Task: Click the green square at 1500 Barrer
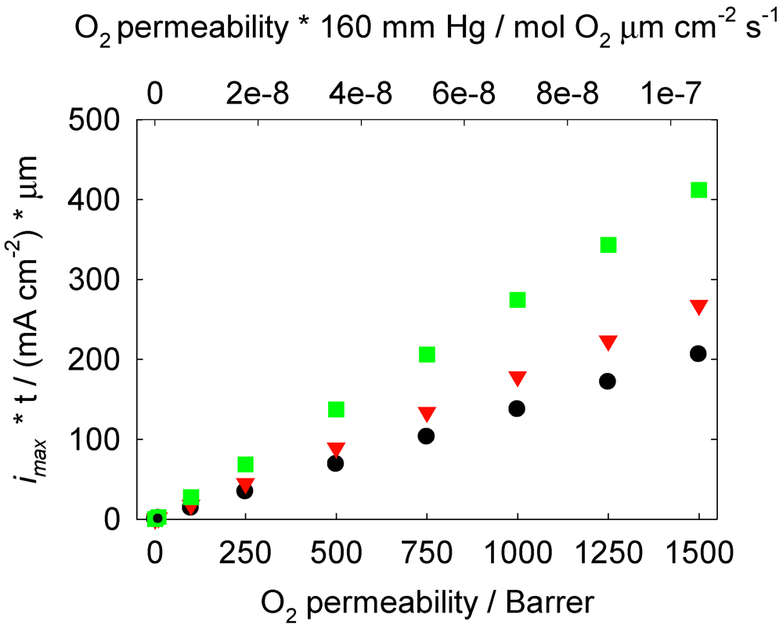(698, 190)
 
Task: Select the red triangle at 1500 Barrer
(698, 307)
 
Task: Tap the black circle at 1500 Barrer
(698, 354)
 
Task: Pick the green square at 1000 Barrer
(517, 300)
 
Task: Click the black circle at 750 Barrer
(426, 436)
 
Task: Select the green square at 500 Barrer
(336, 410)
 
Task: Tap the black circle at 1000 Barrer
(517, 409)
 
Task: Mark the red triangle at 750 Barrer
(426, 414)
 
